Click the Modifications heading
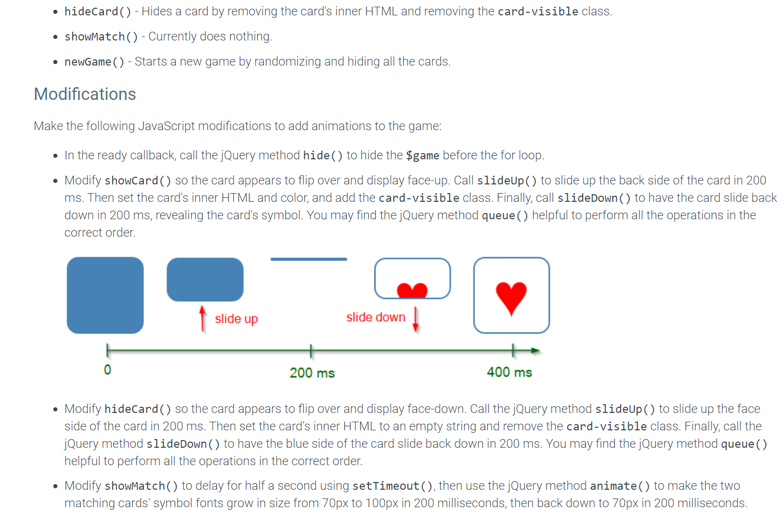tap(85, 94)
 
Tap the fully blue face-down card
tap(105, 295)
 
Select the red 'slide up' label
tap(236, 319)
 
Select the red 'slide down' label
tap(376, 317)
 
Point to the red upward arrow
tap(202, 318)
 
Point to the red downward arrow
tap(416, 319)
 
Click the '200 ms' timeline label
tap(312, 372)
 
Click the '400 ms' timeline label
tap(509, 372)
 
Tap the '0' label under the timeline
tap(107, 370)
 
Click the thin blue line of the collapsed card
tap(308, 259)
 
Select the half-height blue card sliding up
tap(205, 279)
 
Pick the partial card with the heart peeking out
tap(412, 278)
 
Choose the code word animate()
tap(620, 486)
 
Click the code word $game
tap(422, 155)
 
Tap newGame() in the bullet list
tap(94, 62)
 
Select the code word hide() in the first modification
tap(323, 155)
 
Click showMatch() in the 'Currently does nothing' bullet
tap(101, 37)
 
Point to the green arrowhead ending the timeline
tap(535, 350)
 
